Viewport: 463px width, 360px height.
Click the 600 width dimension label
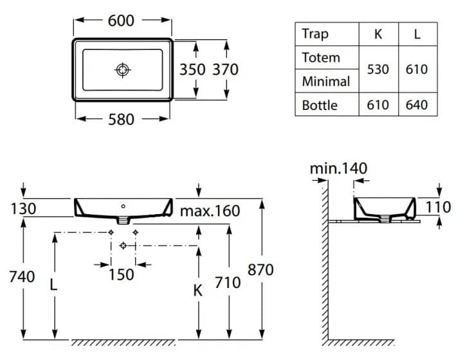pyautogui.click(x=121, y=21)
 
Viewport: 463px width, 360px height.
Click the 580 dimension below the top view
pyautogui.click(x=122, y=120)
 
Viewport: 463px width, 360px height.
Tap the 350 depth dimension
pyautogui.click(x=192, y=69)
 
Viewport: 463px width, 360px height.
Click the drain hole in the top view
pyautogui.click(x=122, y=69)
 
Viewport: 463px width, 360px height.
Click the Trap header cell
pyautogui.click(x=315, y=34)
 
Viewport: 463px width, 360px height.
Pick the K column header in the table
pyautogui.click(x=377, y=34)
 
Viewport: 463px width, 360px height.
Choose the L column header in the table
pyautogui.click(x=417, y=34)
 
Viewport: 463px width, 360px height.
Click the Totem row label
pyautogui.click(x=321, y=58)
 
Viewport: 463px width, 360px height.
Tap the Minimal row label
pyautogui.click(x=326, y=82)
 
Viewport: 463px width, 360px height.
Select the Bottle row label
pyautogui.click(x=320, y=105)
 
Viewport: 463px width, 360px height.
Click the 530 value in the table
pyautogui.click(x=377, y=69)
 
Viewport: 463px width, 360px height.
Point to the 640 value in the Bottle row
pyautogui.click(x=417, y=105)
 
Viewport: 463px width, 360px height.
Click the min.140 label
pyautogui.click(x=338, y=168)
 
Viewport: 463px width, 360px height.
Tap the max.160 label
pyautogui.click(x=210, y=211)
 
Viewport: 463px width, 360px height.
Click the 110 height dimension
pyautogui.click(x=439, y=206)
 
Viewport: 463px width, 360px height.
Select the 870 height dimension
pyautogui.click(x=260, y=269)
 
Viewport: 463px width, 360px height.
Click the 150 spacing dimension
pyautogui.click(x=122, y=274)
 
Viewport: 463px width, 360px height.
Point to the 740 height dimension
pyautogui.click(x=23, y=277)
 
